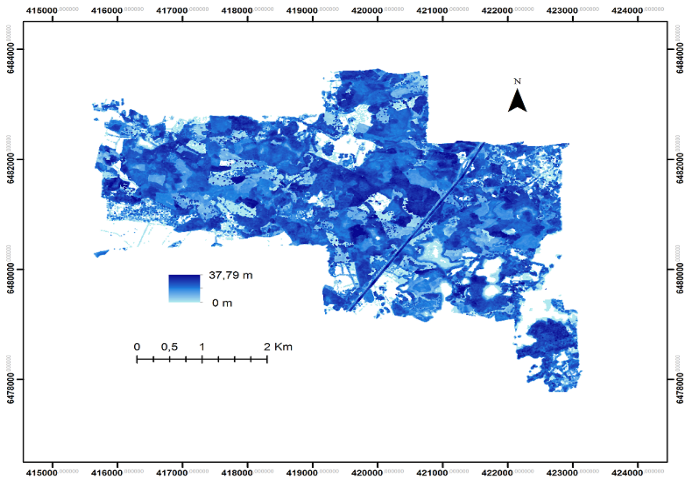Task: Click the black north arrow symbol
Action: click(x=517, y=101)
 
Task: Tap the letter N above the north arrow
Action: click(x=517, y=81)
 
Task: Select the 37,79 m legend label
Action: click(x=230, y=275)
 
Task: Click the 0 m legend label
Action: click(x=222, y=303)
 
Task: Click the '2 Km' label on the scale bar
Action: click(x=278, y=347)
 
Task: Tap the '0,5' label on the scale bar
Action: click(x=169, y=347)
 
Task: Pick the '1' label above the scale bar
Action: click(x=202, y=347)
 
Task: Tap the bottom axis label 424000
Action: click(x=627, y=473)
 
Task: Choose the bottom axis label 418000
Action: click(x=237, y=473)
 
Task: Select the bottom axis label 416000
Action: click(x=107, y=473)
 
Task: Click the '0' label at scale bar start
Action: click(x=137, y=347)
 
